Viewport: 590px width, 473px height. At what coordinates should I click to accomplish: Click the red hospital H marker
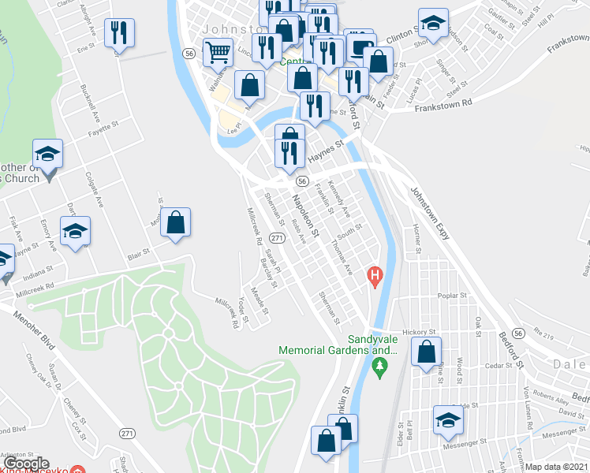coord(375,276)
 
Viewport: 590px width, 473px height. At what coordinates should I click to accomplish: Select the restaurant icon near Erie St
coord(120,33)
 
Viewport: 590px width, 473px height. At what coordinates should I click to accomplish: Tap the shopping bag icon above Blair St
coord(177,222)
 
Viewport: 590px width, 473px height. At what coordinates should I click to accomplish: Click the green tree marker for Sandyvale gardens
coord(379,366)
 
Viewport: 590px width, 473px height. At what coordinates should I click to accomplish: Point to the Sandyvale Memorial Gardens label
coord(336,344)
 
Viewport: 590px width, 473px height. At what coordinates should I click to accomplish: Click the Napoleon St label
coord(305,218)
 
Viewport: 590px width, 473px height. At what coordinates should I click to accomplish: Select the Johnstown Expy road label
coord(429,216)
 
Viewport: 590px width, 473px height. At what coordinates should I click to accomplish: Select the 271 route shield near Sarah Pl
coord(276,237)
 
